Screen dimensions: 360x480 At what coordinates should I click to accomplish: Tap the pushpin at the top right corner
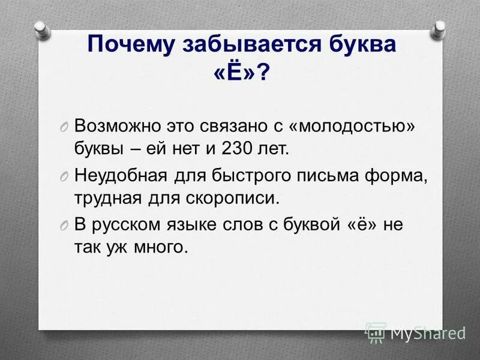pos(439,27)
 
